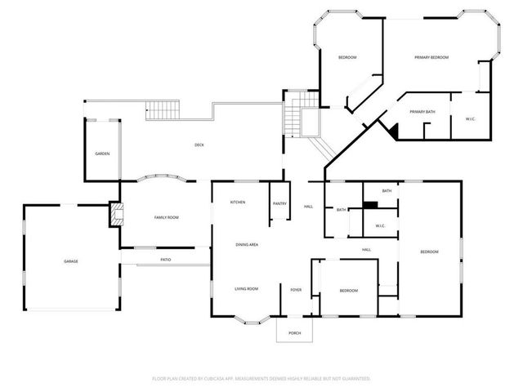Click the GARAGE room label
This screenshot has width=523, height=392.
71,261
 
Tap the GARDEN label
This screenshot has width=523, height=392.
102,154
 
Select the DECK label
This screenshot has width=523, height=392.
199,145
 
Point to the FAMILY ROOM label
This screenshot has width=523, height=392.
167,217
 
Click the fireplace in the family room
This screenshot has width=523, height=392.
115,216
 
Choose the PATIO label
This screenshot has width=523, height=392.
165,260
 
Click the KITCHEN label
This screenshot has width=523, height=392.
238,203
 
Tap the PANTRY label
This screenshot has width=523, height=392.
279,204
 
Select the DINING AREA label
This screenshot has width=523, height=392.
248,244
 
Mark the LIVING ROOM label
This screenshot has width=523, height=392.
247,288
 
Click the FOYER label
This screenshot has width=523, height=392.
296,290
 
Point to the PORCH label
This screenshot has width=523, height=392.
294,332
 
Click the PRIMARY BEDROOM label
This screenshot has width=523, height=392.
431,57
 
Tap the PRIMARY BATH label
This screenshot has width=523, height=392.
422,111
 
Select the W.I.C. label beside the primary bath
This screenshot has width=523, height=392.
471,119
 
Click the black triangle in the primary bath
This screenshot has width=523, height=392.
392,129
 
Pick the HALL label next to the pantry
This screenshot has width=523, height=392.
308,206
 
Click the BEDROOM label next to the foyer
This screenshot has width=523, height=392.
349,291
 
